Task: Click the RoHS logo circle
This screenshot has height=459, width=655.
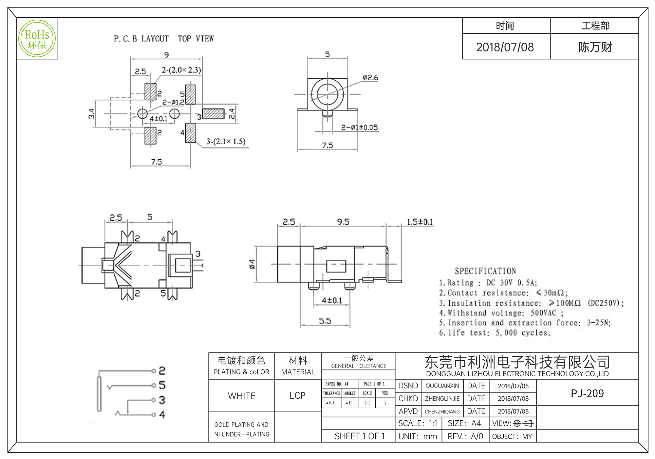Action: click(x=37, y=39)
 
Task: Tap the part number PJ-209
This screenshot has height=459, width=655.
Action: click(x=587, y=393)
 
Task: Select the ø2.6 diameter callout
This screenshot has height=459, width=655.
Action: click(x=370, y=78)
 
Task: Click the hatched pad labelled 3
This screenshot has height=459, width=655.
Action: click(x=213, y=114)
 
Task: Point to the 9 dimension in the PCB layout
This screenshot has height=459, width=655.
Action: click(x=167, y=55)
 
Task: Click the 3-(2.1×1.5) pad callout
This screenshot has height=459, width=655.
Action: click(x=226, y=142)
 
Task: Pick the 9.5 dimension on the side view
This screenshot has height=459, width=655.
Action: click(x=343, y=222)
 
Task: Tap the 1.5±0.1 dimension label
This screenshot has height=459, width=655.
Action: click(x=420, y=222)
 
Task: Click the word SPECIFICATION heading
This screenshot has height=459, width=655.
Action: click(x=485, y=271)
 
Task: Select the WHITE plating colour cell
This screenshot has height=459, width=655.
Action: click(x=242, y=396)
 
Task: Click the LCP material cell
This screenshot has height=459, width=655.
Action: click(x=297, y=396)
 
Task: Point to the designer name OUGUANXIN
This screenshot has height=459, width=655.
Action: click(x=442, y=386)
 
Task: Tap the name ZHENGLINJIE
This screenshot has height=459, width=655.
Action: click(x=442, y=399)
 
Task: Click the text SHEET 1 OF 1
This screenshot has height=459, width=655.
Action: click(x=360, y=436)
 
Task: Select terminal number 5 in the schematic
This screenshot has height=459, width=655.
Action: click(x=162, y=385)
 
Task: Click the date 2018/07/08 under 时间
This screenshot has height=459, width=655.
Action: click(x=505, y=47)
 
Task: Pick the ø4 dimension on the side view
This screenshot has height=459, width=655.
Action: click(x=252, y=264)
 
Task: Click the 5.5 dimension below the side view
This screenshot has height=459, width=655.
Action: click(x=325, y=321)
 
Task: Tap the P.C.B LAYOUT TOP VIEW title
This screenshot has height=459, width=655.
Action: click(x=164, y=39)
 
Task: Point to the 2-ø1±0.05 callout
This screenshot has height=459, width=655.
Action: click(x=359, y=127)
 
